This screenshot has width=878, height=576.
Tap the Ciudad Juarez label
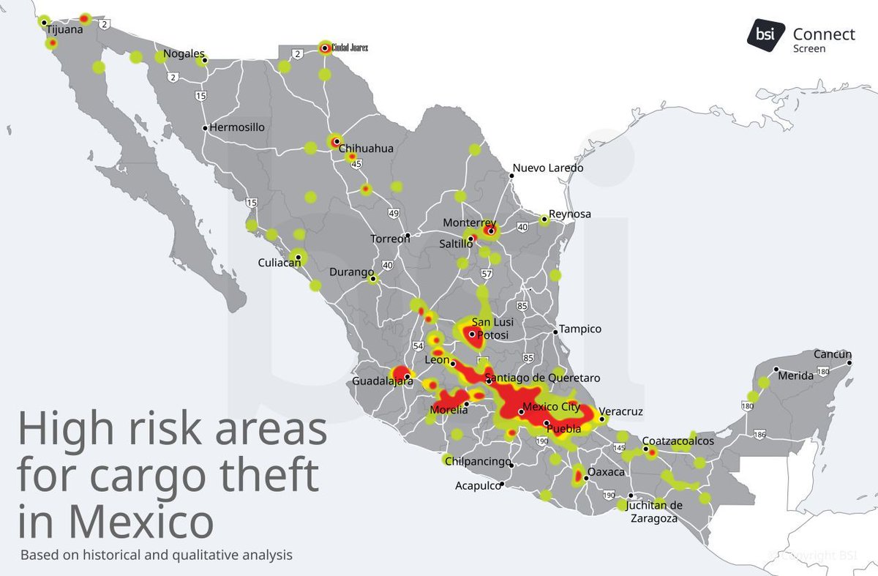coord(350,48)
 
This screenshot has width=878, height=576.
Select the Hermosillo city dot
coord(204,127)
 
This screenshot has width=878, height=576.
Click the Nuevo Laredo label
coord(547,168)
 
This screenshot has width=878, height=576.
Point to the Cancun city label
coord(833,355)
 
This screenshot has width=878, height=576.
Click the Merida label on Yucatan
coord(795,375)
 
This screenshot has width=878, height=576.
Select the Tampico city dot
coord(555,330)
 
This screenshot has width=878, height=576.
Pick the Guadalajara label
coord(378,382)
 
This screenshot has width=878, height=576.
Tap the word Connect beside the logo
coord(823,34)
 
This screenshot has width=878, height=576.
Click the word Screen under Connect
coord(809,49)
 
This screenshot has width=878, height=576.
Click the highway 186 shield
coord(760,434)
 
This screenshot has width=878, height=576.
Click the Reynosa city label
coord(570,214)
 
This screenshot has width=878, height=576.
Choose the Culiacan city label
coord(279,263)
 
